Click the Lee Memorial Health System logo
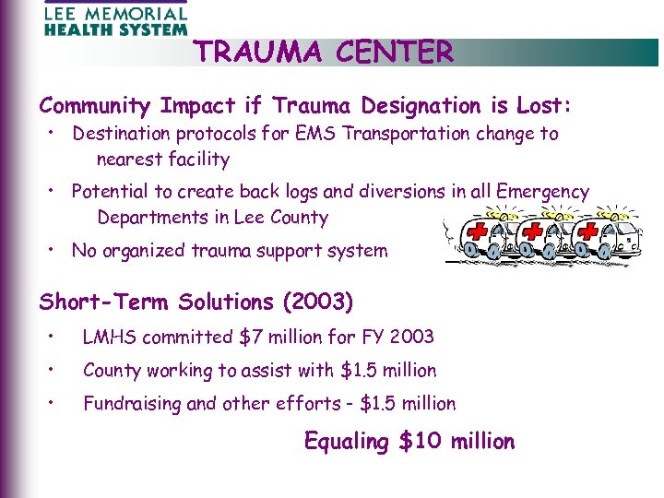pos(115,19)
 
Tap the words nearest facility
pos(163,159)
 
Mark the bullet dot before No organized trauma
pos(55,249)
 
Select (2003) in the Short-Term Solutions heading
pos(318,302)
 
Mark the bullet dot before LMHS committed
pos(55,336)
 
